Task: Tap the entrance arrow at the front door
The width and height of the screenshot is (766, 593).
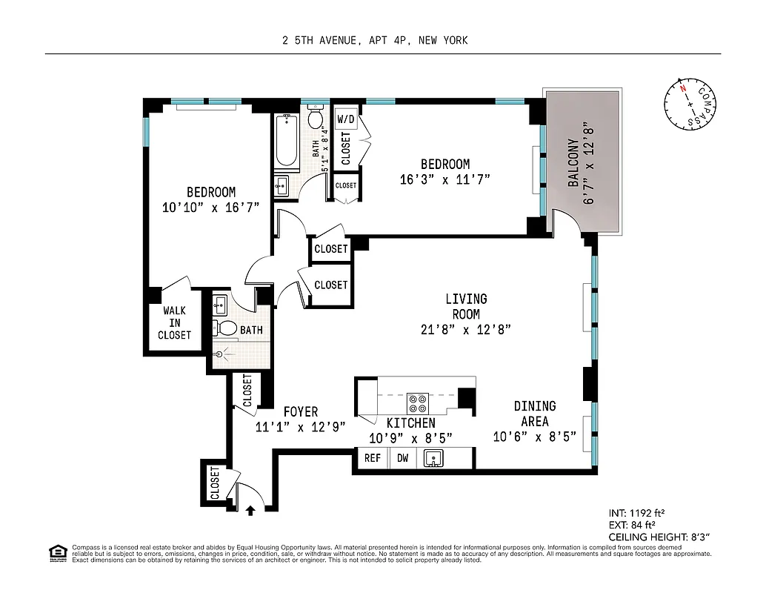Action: point(250,509)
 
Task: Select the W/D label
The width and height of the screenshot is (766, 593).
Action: point(346,119)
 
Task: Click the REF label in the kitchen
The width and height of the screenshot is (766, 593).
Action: point(372,458)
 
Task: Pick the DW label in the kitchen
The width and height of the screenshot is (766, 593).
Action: point(403,458)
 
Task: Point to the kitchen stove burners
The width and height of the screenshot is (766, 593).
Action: point(417,402)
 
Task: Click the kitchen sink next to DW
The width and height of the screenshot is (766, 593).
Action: point(433,459)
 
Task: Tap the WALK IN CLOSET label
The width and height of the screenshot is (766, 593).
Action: point(174,323)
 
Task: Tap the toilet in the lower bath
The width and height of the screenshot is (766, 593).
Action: point(227,328)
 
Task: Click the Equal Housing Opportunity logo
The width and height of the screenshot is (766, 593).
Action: point(56,552)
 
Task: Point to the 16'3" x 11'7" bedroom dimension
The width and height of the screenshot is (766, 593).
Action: point(444,179)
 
